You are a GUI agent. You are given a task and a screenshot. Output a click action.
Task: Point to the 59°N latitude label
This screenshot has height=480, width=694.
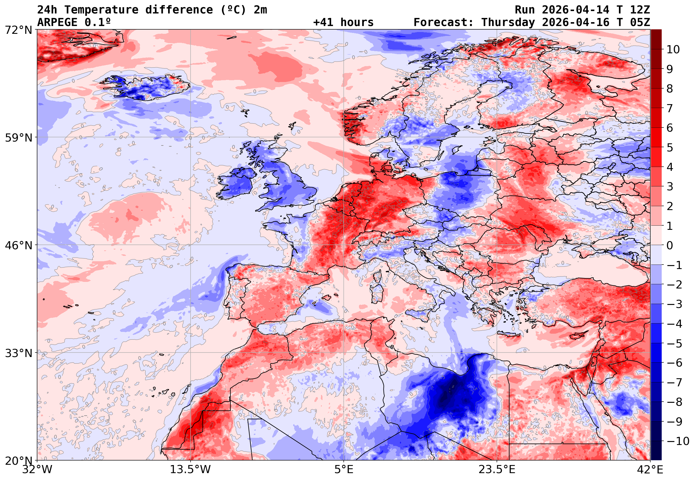pyautogui.click(x=18, y=138)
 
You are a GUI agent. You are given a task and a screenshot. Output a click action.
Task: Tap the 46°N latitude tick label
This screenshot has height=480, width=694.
pyautogui.click(x=18, y=245)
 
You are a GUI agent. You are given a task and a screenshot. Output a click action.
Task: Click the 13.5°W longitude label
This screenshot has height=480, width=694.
pyautogui.click(x=190, y=470)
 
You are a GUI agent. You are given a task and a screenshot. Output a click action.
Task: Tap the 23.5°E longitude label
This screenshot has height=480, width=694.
pyautogui.click(x=497, y=470)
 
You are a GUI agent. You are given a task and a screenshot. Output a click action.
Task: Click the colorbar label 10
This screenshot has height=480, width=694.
pyautogui.click(x=673, y=49)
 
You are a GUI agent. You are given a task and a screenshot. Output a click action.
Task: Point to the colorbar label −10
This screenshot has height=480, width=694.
pyautogui.click(x=678, y=441)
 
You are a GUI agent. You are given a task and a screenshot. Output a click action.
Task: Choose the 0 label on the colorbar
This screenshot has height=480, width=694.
pyautogui.click(x=670, y=245)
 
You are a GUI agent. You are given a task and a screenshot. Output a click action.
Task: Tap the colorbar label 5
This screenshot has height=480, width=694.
pyautogui.click(x=670, y=148)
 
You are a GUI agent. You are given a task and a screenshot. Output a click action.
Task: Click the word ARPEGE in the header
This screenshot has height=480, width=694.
pyautogui.click(x=57, y=22)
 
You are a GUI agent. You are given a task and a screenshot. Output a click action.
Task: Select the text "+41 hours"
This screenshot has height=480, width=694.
pyautogui.click(x=343, y=22)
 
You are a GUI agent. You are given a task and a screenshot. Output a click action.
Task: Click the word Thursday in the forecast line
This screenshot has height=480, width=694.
pyautogui.click(x=508, y=22)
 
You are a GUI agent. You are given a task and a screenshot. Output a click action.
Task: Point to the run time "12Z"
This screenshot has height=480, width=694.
pyautogui.click(x=640, y=10)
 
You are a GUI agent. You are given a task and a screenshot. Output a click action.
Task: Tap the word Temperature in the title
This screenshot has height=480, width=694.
pyautogui.click(x=101, y=10)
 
